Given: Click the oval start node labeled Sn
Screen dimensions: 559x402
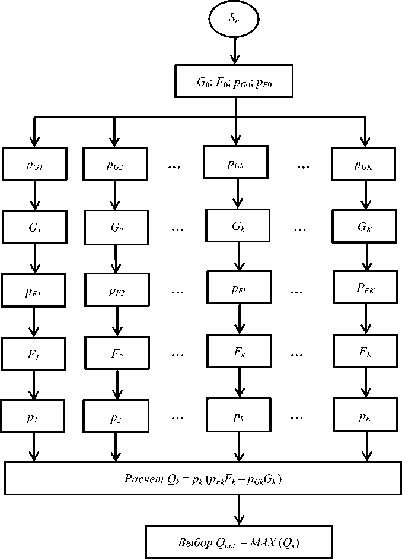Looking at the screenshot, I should click(235, 19).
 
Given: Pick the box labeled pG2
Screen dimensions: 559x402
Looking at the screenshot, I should click(114, 165).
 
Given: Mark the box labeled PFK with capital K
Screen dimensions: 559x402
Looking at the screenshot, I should click(365, 289).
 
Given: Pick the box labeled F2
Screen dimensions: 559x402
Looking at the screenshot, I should click(116, 355).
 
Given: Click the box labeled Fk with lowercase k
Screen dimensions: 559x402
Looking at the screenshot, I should click(239, 352).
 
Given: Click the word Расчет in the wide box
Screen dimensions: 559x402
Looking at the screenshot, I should click(142, 479).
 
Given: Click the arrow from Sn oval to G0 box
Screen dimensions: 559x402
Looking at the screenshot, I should click(235, 50).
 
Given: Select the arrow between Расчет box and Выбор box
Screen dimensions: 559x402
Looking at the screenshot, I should click(238, 510).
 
